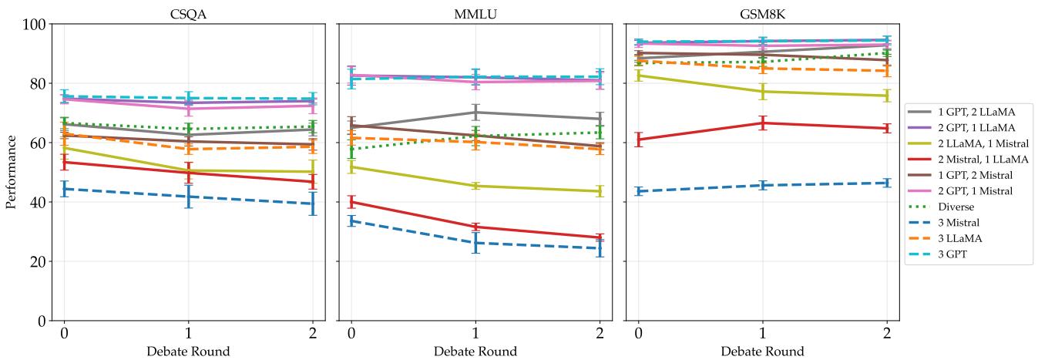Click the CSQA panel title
point(187,13)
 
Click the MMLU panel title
point(475,13)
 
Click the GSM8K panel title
point(762,13)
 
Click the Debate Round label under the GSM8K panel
point(762,352)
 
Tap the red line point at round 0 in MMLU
point(351,202)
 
